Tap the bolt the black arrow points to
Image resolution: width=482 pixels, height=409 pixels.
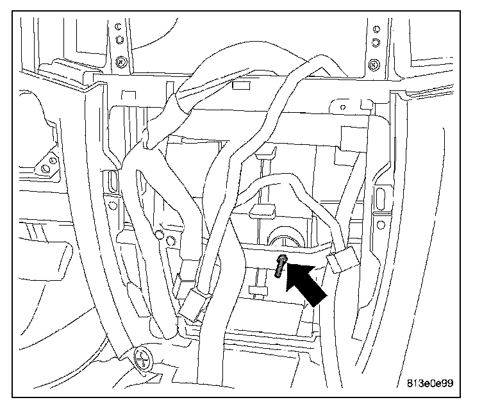click(280, 266)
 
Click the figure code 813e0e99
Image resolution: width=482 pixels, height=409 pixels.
click(430, 384)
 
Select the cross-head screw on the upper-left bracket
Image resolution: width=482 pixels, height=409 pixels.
click(119, 63)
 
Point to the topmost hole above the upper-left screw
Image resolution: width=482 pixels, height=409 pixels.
click(119, 28)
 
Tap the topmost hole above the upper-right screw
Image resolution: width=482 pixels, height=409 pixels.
click(374, 28)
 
